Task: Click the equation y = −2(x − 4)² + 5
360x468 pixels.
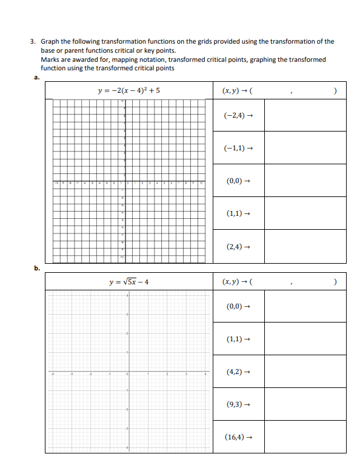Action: [128, 91]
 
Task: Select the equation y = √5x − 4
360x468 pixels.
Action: [128, 282]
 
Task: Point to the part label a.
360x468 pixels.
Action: [36, 78]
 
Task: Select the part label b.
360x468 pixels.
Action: [36, 267]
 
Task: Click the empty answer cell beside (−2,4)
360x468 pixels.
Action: [305, 115]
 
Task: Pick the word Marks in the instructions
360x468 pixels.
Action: [50, 59]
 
